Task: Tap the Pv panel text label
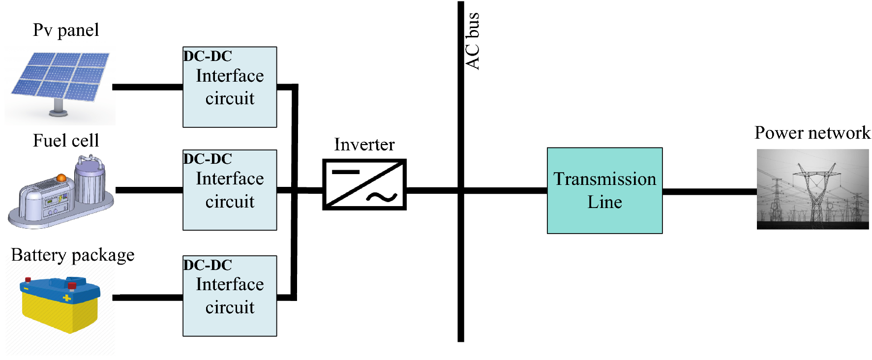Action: (x=66, y=30)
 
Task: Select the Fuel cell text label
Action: (x=66, y=141)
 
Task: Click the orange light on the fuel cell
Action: (x=61, y=177)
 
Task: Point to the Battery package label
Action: (x=73, y=255)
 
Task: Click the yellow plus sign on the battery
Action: (x=67, y=298)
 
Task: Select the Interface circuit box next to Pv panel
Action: (x=230, y=87)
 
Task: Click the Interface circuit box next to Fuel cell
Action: (x=230, y=190)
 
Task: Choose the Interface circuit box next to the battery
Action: (x=230, y=296)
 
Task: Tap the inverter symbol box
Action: (x=364, y=184)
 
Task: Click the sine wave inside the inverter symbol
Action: (x=382, y=197)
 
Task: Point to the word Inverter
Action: (x=364, y=145)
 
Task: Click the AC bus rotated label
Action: (x=473, y=41)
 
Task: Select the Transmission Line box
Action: (x=604, y=190)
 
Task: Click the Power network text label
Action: (x=812, y=133)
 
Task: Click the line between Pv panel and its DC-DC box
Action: (x=148, y=87)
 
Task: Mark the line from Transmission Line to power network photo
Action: (x=709, y=191)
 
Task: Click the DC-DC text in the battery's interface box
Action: (x=208, y=265)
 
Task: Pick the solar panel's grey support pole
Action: (x=59, y=106)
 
